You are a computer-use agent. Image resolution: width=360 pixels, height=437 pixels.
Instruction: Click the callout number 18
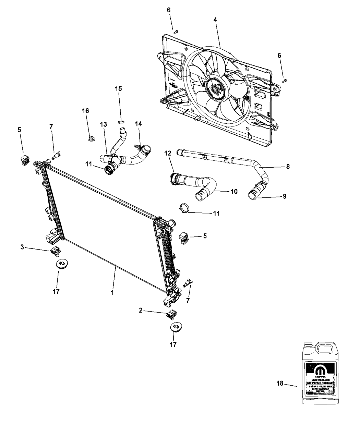280,383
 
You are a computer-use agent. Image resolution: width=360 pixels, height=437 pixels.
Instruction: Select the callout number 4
215,20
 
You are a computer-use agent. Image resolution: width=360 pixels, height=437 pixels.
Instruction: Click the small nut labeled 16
91,139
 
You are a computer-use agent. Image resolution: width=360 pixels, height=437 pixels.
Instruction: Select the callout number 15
118,88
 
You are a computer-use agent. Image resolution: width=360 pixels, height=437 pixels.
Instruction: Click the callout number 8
288,167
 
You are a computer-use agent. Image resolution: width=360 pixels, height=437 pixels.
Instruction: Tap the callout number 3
22,246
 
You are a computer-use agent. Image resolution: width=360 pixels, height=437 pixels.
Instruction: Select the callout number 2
141,311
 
